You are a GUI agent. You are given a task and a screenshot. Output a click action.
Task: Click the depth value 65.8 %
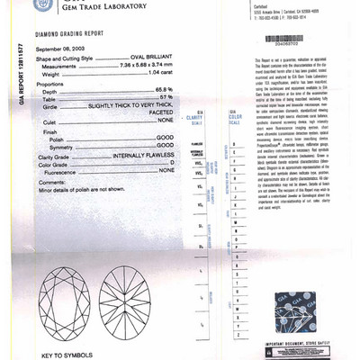click(x=161, y=91)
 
